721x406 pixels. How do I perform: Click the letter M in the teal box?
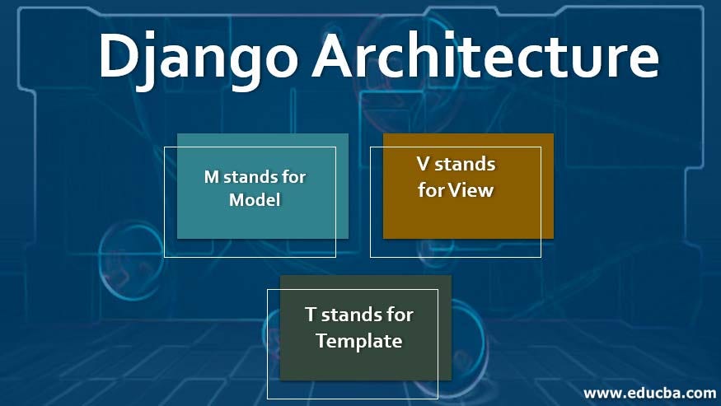(212, 176)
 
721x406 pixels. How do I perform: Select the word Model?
(255, 199)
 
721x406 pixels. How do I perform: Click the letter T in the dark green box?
(311, 315)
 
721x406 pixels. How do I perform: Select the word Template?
(359, 340)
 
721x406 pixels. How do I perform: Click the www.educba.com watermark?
(649, 392)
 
